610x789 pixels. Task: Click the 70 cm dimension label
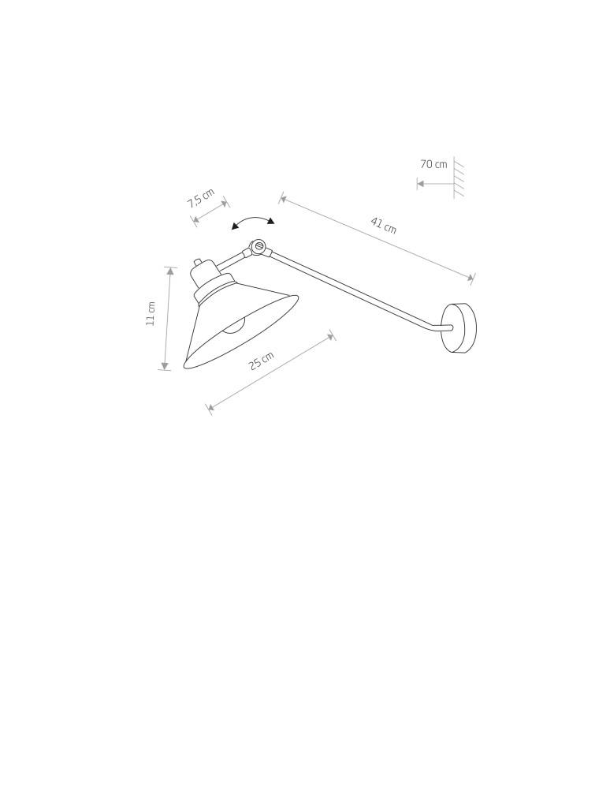pyautogui.click(x=433, y=164)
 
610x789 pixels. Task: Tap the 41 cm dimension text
pyautogui.click(x=384, y=226)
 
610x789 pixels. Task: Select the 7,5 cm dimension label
pyautogui.click(x=201, y=198)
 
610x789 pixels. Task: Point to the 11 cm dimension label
pyautogui.click(x=151, y=313)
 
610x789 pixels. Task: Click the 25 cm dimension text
pyautogui.click(x=262, y=361)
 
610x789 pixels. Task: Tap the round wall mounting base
pyautogui.click(x=458, y=328)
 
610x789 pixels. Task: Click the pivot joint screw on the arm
pyautogui.click(x=259, y=246)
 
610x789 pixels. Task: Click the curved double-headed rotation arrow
pyautogui.click(x=253, y=220)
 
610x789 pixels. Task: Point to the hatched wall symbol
pyautogui.click(x=458, y=178)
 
